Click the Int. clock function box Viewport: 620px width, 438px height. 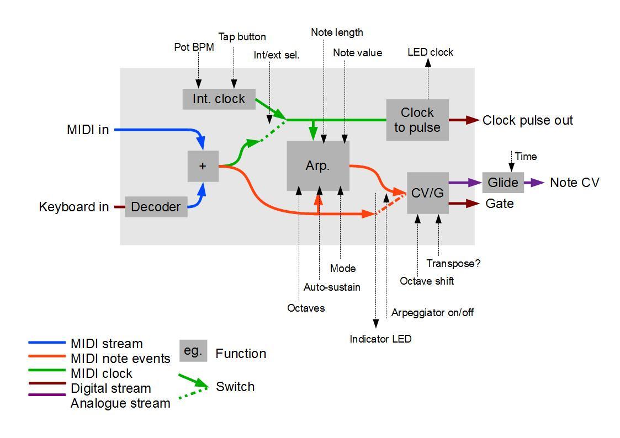coord(219,99)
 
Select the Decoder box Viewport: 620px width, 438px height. coord(156,207)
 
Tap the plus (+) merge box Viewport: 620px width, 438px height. coord(203,166)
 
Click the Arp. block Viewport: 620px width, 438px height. coord(317,166)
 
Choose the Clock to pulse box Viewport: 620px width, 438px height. coord(417,120)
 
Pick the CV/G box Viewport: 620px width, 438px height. coord(427,193)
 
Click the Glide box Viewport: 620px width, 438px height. coord(503,183)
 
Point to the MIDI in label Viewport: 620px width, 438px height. coord(88,130)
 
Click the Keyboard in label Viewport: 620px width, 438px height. coord(74,207)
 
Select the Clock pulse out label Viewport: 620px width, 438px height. coord(527,120)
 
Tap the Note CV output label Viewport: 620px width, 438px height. coord(574,183)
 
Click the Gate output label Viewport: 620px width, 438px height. coord(500,204)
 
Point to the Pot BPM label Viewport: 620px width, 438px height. coord(194,47)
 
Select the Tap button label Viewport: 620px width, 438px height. coord(242,37)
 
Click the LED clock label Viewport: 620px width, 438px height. coord(430,52)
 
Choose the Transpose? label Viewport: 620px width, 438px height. coord(453,264)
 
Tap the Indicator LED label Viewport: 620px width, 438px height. coord(380,339)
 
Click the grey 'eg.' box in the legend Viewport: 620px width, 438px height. coord(193,351)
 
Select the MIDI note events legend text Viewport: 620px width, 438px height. coord(120,359)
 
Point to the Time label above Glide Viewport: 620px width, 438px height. coord(525,157)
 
